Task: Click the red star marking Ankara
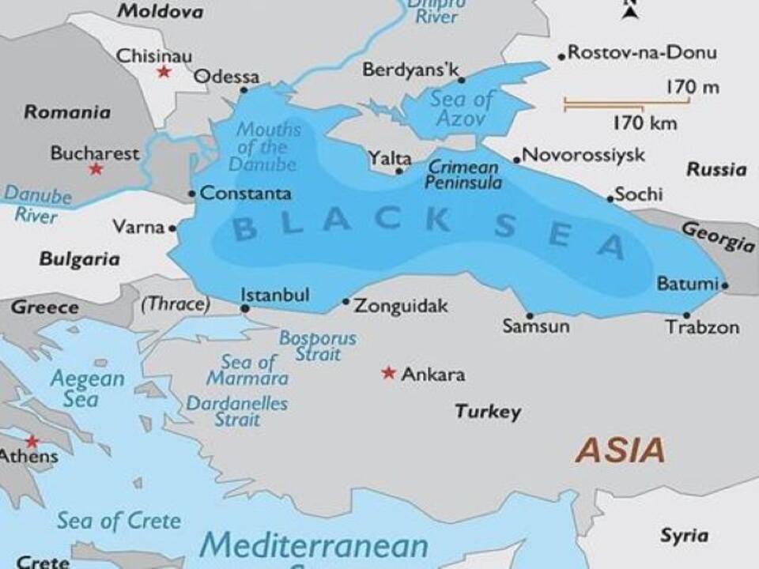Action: pyautogui.click(x=388, y=372)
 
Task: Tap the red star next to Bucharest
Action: pyautogui.click(x=96, y=169)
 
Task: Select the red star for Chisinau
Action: pyautogui.click(x=164, y=72)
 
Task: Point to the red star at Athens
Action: pyautogui.click(x=32, y=442)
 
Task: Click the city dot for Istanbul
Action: pyautogui.click(x=245, y=308)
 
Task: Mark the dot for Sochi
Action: pyautogui.click(x=610, y=198)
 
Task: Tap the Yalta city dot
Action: pyautogui.click(x=399, y=171)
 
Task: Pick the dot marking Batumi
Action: pyautogui.click(x=725, y=285)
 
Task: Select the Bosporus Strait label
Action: pyautogui.click(x=318, y=346)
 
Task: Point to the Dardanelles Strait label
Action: pyautogui.click(x=237, y=411)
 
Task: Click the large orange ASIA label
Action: pyautogui.click(x=620, y=450)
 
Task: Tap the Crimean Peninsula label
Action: pyautogui.click(x=463, y=175)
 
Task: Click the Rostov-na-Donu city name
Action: pyautogui.click(x=642, y=53)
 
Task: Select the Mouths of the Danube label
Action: pyautogui.click(x=266, y=147)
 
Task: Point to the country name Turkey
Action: pyautogui.click(x=488, y=412)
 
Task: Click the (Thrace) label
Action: pyautogui.click(x=176, y=303)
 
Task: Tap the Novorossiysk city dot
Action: pyautogui.click(x=516, y=160)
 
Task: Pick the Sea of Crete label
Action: pyautogui.click(x=119, y=522)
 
